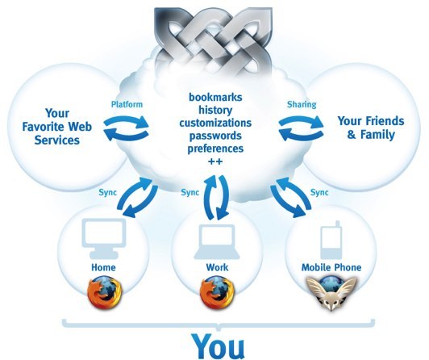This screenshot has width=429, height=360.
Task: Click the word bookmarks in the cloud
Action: click(x=215, y=97)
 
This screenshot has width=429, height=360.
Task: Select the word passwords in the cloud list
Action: click(x=215, y=136)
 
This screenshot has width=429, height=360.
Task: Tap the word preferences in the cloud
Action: click(x=215, y=149)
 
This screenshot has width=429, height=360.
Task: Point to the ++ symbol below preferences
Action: click(x=215, y=161)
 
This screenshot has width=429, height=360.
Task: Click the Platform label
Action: click(x=127, y=104)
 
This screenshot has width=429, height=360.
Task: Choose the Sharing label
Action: click(x=302, y=104)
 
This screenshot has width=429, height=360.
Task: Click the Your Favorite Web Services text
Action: click(x=57, y=127)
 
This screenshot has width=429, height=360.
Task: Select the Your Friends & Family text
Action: click(x=371, y=128)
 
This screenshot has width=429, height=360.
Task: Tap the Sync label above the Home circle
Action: click(x=107, y=192)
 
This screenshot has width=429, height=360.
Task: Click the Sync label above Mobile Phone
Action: click(x=319, y=192)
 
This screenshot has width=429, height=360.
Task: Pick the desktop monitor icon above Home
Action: click(x=104, y=238)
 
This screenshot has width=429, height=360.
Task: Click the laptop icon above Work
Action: click(x=217, y=241)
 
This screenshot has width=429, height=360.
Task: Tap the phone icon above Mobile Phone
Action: click(x=331, y=240)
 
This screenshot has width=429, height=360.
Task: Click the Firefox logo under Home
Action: click(x=105, y=293)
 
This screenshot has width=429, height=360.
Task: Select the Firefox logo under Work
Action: click(x=217, y=293)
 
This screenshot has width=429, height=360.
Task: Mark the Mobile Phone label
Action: click(x=331, y=267)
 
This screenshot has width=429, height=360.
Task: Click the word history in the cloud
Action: click(x=215, y=110)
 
